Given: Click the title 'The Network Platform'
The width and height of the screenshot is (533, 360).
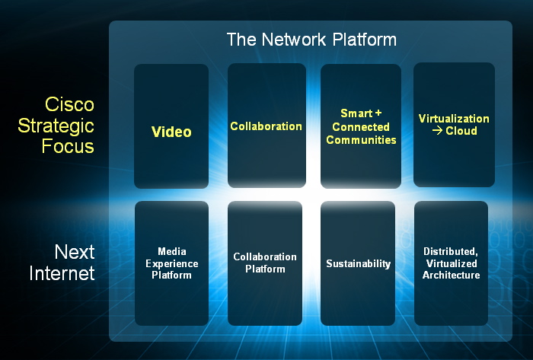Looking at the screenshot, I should [x=311, y=40].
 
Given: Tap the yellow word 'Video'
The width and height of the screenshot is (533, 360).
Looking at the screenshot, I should [x=171, y=132].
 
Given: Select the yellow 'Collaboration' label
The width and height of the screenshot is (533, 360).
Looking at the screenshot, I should [x=266, y=126].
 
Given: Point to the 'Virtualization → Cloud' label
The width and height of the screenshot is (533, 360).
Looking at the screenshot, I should [x=454, y=125].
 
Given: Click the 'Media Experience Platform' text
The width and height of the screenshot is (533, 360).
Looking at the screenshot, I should [x=172, y=263].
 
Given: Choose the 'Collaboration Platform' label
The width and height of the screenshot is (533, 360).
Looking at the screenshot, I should [x=265, y=263].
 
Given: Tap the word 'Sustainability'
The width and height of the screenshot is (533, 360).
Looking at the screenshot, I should [x=358, y=264].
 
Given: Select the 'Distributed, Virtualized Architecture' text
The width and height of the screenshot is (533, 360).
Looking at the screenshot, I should [x=451, y=263].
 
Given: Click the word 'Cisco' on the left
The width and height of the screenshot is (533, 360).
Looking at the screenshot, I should [x=69, y=104].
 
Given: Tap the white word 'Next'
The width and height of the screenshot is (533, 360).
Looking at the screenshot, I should [x=74, y=252].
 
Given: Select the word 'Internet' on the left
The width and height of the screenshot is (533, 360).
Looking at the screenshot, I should [x=62, y=272].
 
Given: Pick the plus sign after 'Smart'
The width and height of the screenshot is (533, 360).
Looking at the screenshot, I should [x=378, y=113].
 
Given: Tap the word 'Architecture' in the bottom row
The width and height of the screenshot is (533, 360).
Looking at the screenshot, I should [x=451, y=275].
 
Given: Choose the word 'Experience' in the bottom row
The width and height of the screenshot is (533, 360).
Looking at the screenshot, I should [x=172, y=263].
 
